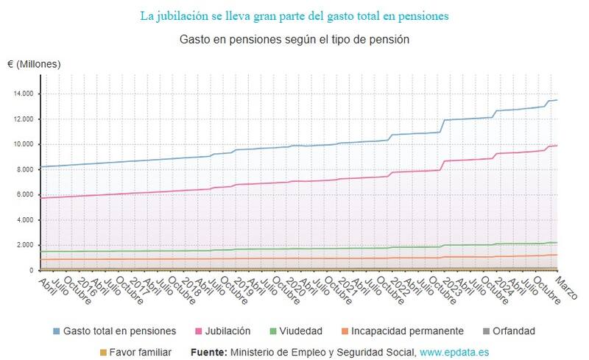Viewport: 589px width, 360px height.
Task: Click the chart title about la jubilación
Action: [x=294, y=15]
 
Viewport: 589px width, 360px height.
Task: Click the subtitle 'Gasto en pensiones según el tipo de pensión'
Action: [x=294, y=38]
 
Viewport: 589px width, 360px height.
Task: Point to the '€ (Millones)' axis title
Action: [x=34, y=64]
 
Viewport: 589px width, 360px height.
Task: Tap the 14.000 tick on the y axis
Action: [x=22, y=94]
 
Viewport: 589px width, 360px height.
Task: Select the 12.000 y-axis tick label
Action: [x=22, y=119]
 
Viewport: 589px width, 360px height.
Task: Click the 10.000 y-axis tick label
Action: [x=22, y=144]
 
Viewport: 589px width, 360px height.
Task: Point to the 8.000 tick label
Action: [x=24, y=170]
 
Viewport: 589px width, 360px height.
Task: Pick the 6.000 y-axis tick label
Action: [x=24, y=195]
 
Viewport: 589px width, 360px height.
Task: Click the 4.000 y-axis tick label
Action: [x=24, y=220]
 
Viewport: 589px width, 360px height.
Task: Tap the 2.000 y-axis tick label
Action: [x=24, y=245]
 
